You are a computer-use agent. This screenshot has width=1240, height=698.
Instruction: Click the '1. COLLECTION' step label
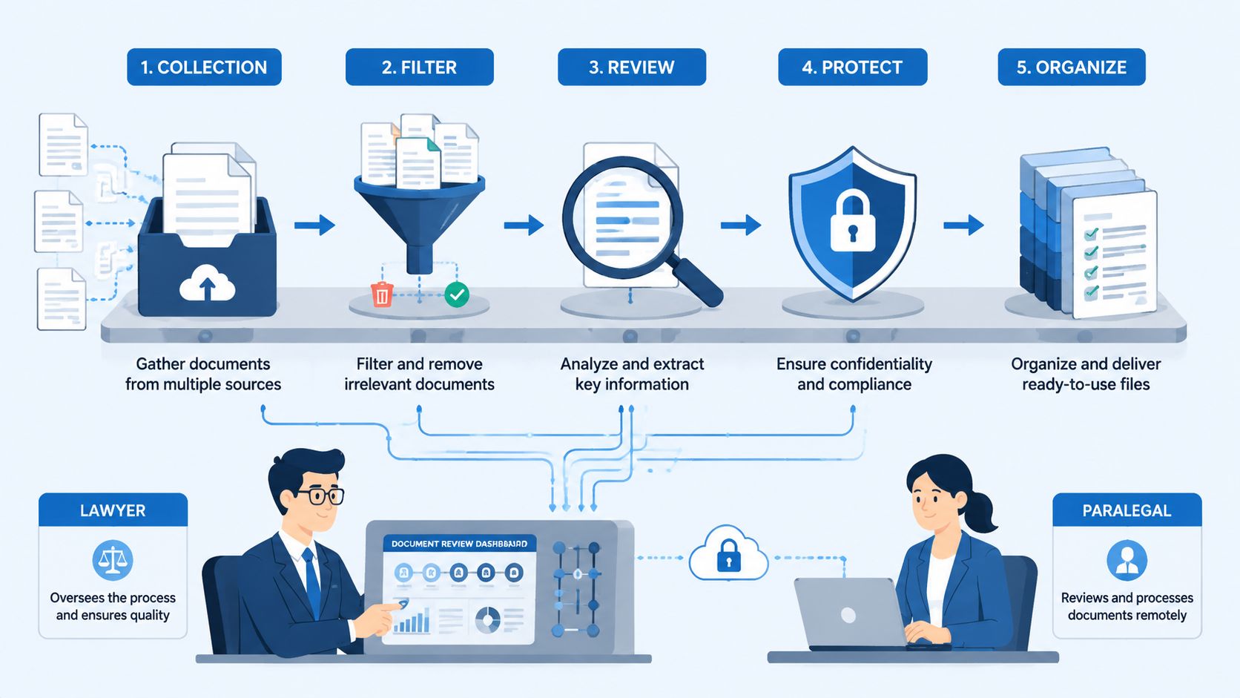pos(204,67)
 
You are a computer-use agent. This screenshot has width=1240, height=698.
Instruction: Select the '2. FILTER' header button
pos(419,67)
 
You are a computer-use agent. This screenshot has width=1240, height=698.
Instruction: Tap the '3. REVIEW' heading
pos(632,67)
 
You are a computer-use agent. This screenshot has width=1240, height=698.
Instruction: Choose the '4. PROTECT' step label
pos(853,67)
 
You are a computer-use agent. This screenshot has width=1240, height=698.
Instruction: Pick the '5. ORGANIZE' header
pos(1072,67)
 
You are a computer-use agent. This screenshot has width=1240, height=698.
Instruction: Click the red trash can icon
pos(382,294)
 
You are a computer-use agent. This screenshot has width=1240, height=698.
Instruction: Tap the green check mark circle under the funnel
pos(457,294)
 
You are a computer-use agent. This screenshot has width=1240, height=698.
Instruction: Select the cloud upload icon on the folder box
pos(207,283)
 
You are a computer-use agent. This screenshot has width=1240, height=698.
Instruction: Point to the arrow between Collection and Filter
pos(314,225)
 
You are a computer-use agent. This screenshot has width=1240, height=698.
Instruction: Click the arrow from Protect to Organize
pos(964,225)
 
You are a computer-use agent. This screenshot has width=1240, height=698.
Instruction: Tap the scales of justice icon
pos(113,560)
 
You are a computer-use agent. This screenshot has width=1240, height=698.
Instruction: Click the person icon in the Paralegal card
pos(1127,560)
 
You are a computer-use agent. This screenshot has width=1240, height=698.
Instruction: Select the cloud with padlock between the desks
pos(728,553)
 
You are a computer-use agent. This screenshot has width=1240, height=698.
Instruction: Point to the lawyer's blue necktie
pos(311,582)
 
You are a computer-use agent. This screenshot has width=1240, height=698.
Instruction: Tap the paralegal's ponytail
pos(979,510)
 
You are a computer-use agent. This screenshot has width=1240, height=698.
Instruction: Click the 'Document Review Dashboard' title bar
pos(460,544)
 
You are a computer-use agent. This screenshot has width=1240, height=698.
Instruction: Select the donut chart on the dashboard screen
pos(488,619)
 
